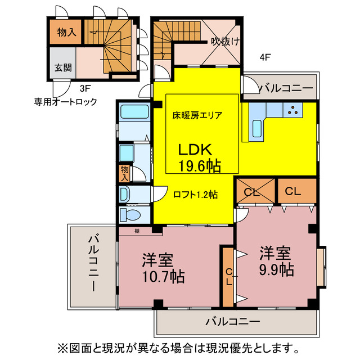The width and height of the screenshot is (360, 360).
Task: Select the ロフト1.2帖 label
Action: coord(195,195)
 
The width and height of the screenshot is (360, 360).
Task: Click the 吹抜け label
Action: coord(224,40)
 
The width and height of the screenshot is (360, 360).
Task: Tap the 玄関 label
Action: coord(62,67)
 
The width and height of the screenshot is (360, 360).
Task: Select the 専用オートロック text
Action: coord(65,102)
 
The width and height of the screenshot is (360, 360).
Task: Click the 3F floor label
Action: coord(85,88)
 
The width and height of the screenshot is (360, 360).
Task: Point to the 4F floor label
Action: coord(265,56)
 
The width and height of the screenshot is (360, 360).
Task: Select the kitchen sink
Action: coord(257,129)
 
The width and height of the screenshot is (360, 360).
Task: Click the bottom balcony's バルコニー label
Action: coord(232,322)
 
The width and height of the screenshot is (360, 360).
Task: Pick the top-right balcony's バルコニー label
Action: coord(285,88)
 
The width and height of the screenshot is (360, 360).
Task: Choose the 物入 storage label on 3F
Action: coord(66,32)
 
